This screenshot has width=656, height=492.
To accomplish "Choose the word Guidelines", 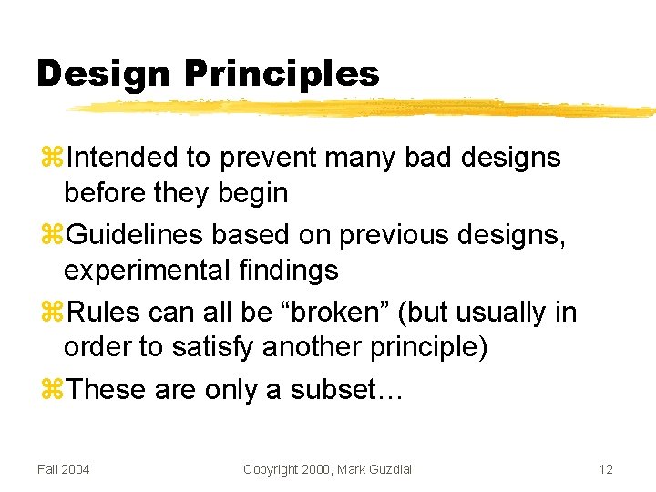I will (x=136, y=235).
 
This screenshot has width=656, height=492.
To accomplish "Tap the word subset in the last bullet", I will (x=341, y=390).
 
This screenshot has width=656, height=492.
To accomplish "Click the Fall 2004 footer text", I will (x=64, y=469).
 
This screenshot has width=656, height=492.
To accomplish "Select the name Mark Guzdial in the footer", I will (x=374, y=469).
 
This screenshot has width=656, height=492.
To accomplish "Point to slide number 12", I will (x=606, y=469).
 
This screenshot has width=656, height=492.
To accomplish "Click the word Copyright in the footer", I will (x=271, y=469).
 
